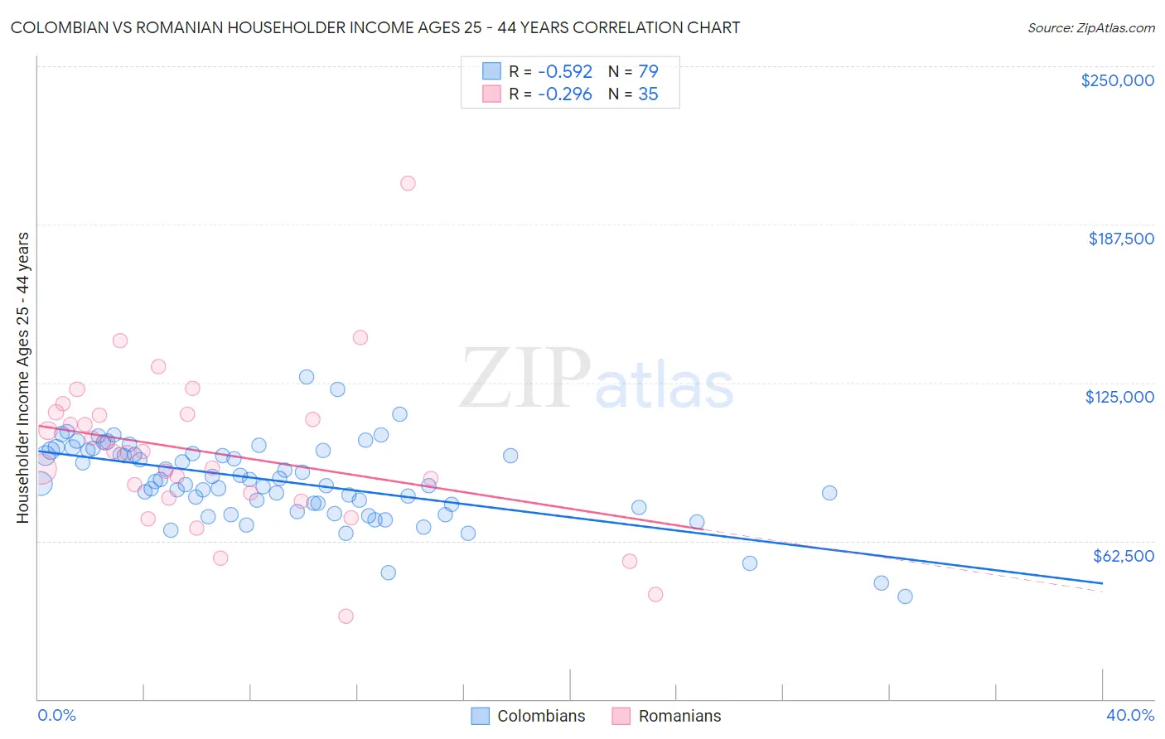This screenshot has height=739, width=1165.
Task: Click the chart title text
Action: [x=375, y=27]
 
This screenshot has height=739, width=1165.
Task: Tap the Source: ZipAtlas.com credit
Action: [x=1090, y=27]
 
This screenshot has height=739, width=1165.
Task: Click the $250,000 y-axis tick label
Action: [x=1117, y=80]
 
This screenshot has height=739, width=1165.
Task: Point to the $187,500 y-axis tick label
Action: [x=1120, y=239]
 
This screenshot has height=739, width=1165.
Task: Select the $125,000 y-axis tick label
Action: [x=1119, y=397]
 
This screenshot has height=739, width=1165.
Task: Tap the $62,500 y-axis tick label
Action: [x=1123, y=556]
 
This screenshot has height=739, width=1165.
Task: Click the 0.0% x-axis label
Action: [x=56, y=715]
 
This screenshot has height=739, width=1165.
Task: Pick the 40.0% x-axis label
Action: [x=1129, y=715]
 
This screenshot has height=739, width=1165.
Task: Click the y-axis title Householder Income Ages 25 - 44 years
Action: [x=23, y=378]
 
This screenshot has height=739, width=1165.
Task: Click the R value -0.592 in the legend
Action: [x=564, y=71]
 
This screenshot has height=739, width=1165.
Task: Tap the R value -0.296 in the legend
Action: [x=564, y=94]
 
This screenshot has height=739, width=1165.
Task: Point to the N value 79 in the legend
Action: [x=648, y=71]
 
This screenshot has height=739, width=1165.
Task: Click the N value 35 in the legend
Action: [x=648, y=94]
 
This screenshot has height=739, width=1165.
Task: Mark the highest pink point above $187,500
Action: [x=408, y=183]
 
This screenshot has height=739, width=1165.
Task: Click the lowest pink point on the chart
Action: [x=346, y=616]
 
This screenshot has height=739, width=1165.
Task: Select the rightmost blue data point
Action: [x=905, y=597]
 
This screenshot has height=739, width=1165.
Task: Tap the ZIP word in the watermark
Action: [x=525, y=379]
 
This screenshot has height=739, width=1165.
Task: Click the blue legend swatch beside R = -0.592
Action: [x=491, y=71]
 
